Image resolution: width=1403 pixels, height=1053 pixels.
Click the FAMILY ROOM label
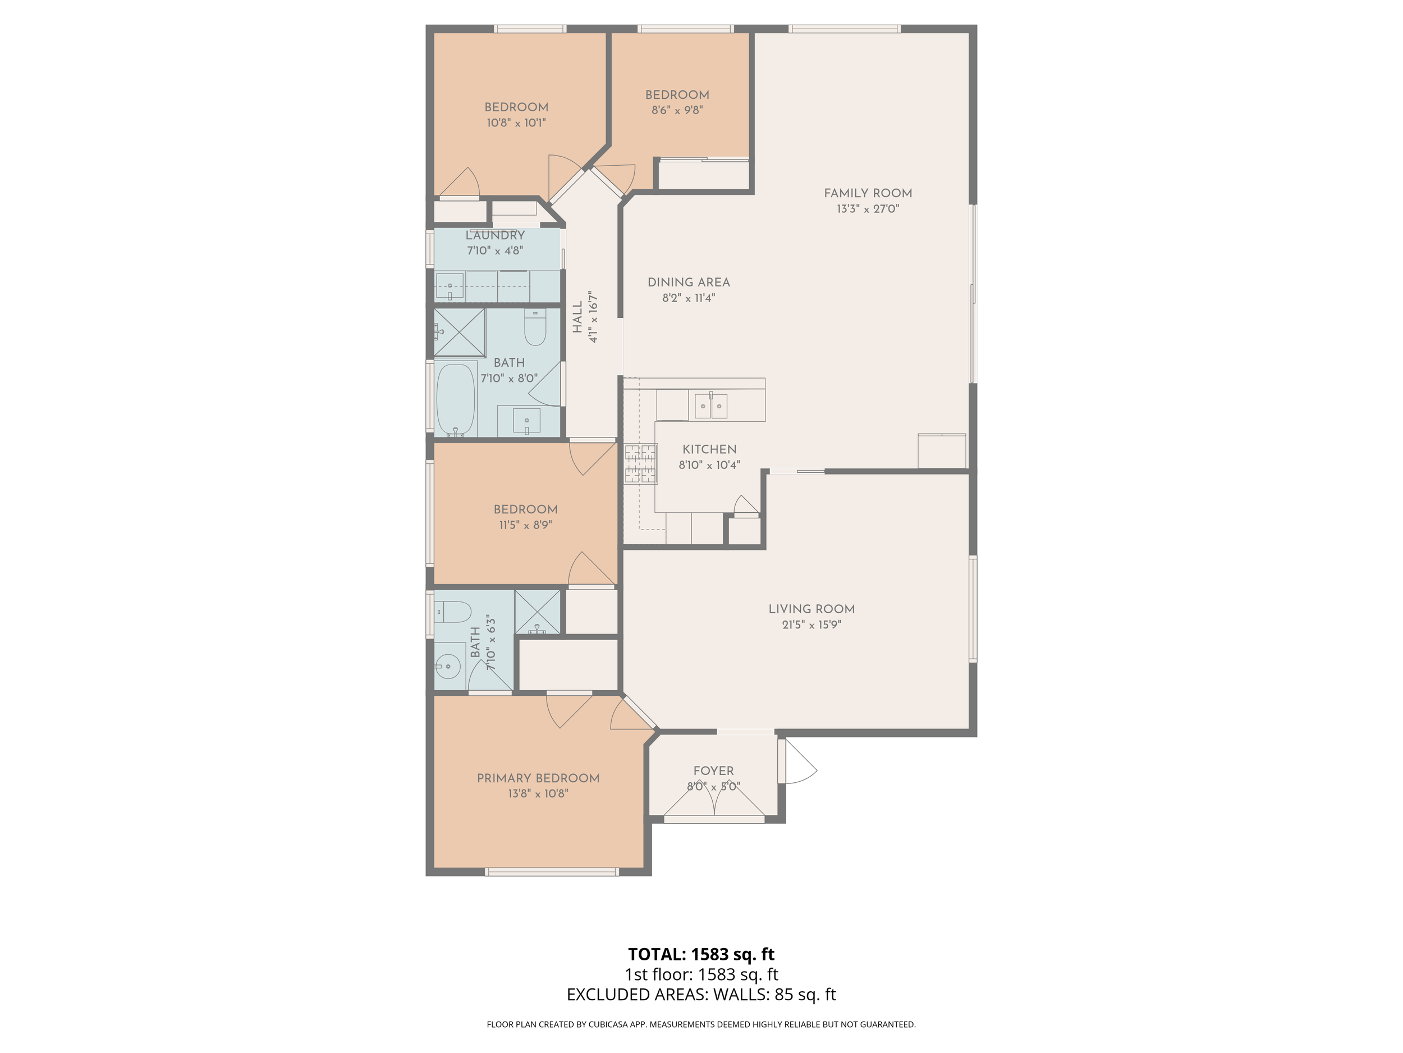click(x=868, y=193)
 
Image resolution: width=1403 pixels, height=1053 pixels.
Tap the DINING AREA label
click(x=688, y=282)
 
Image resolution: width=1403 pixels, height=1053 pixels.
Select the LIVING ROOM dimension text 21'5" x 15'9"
click(x=811, y=624)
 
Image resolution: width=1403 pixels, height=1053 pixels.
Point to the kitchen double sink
click(x=711, y=405)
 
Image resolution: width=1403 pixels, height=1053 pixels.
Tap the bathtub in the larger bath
click(x=456, y=399)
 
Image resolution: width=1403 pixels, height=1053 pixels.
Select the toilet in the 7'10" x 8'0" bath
click(x=535, y=327)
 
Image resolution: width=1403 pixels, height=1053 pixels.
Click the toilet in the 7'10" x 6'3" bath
click(x=452, y=613)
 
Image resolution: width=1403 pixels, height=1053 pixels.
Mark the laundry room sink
click(x=450, y=286)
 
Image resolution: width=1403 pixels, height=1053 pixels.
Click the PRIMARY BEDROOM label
click(x=538, y=778)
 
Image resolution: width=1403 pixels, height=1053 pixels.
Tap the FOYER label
click(x=713, y=771)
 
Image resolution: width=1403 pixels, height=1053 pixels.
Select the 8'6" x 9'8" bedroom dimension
click(x=677, y=111)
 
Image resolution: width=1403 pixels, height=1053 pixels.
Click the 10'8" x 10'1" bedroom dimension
click(x=516, y=123)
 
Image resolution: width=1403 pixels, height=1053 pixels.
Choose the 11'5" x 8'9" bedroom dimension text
click(x=525, y=525)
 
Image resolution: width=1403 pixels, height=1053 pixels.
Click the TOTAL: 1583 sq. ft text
click(x=701, y=955)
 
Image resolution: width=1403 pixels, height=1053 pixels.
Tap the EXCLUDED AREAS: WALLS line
click(x=701, y=995)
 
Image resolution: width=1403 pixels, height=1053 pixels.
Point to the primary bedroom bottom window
click(x=552, y=872)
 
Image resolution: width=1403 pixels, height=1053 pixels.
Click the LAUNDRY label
click(x=495, y=235)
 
